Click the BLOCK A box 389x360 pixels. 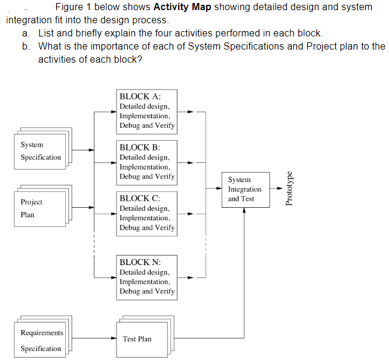tap(146, 111)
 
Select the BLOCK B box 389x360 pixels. tap(146, 162)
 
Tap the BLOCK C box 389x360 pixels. tap(146, 213)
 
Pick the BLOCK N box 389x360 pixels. tap(146, 276)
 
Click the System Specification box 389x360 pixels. tap(39, 151)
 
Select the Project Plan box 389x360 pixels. tap(39, 208)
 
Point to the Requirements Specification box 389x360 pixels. tap(39, 340)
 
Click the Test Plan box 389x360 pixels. tap(137, 339)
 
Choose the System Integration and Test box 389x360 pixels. tap(244, 189)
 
